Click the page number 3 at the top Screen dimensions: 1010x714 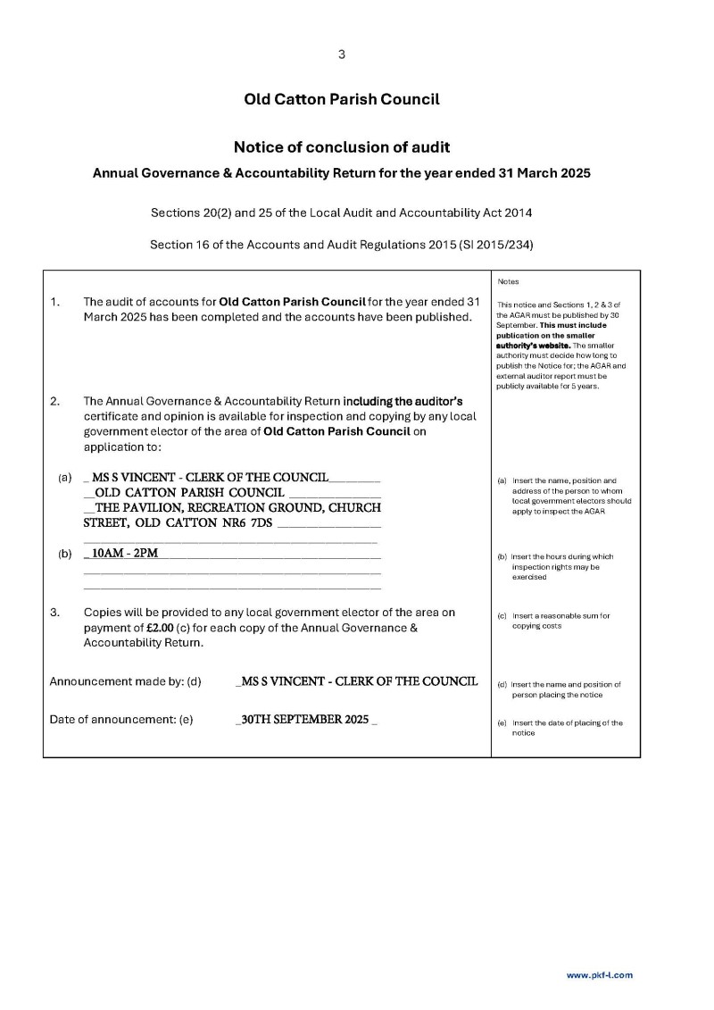342,54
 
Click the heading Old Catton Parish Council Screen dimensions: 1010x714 342,99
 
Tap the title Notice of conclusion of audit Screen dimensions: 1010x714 342,146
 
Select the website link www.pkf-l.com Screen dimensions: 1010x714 599,975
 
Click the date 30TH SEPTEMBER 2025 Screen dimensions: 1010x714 304,720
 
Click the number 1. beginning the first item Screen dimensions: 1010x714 55,302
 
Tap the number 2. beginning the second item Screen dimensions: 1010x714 55,401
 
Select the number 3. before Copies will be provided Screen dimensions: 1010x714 55,613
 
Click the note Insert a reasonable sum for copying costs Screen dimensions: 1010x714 560,621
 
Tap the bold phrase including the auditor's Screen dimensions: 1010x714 403,401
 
